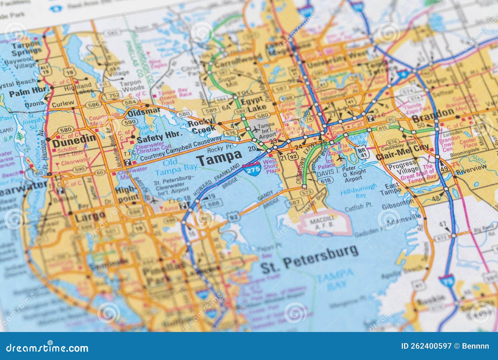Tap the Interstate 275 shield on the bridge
[251, 170]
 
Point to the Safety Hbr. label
[159, 137]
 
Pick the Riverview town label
[471, 168]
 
